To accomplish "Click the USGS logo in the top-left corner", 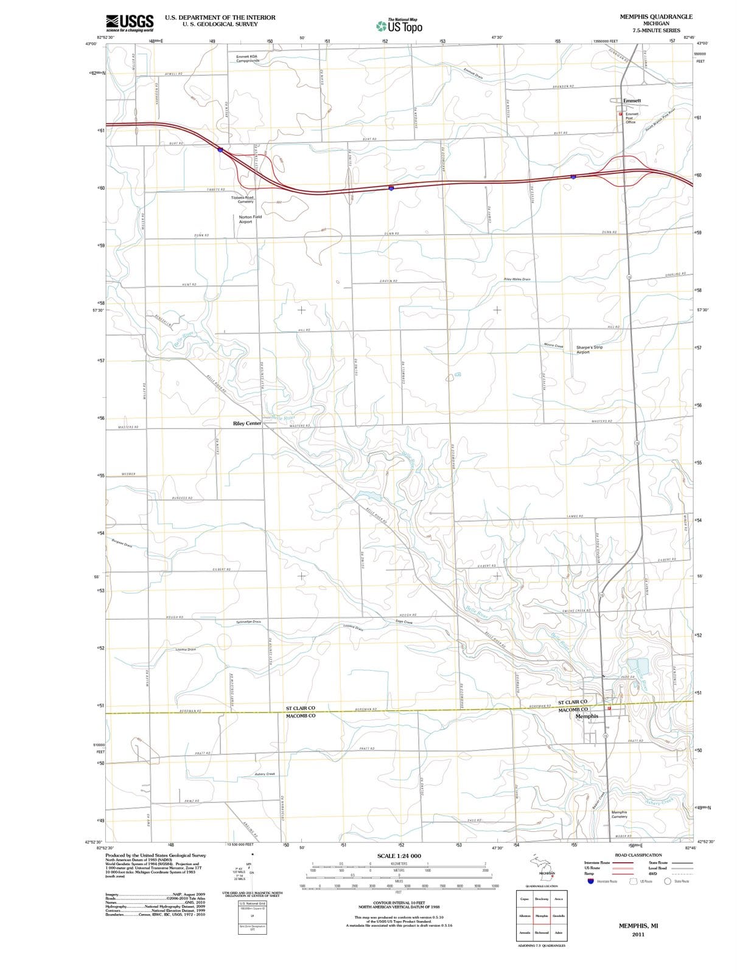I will (x=129, y=23).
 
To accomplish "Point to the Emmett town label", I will (x=632, y=101).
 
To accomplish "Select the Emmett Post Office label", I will (x=632, y=118).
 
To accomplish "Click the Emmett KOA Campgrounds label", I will (x=248, y=58).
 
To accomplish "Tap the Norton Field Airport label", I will (x=250, y=219).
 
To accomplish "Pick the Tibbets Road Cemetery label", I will (x=242, y=199).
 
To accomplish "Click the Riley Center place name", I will (x=247, y=423).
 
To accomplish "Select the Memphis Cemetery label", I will (x=619, y=814).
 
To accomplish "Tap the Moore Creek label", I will (x=554, y=345).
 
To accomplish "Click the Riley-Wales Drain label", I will (x=517, y=279).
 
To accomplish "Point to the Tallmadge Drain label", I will (x=248, y=622).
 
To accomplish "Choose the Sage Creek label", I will (x=403, y=622).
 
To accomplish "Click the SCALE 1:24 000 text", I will (x=399, y=856).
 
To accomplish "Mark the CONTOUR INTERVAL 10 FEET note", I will (x=399, y=903).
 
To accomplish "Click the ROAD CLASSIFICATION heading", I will (x=638, y=855).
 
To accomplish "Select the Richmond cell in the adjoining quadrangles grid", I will (x=541, y=932).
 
